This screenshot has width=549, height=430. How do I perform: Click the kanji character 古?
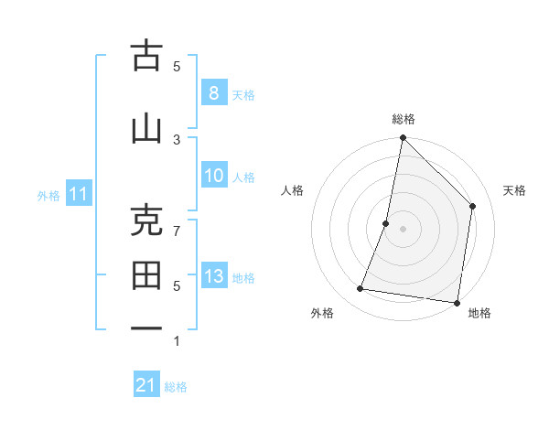tap(146, 57)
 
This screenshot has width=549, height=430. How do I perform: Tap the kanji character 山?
tap(146, 127)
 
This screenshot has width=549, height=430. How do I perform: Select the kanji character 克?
tap(146, 220)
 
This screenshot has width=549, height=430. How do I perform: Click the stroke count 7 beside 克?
tap(178, 230)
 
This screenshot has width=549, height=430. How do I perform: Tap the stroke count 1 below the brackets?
tap(178, 341)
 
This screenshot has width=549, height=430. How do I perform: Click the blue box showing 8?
tap(213, 93)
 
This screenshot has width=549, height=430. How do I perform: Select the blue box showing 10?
tap(213, 177)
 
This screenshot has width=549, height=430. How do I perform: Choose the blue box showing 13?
tap(213, 277)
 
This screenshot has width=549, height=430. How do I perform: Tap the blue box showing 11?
tap(78, 194)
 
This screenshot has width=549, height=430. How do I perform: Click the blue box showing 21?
tap(146, 385)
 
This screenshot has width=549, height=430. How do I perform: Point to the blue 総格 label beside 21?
tap(176, 387)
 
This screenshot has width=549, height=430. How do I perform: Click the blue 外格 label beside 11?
tap(48, 195)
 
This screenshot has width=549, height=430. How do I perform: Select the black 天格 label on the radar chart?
tap(515, 190)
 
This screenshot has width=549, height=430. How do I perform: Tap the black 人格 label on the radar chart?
tap(292, 190)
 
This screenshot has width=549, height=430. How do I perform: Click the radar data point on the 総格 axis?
tap(403, 138)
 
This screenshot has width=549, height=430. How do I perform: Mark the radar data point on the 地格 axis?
tap(456, 302)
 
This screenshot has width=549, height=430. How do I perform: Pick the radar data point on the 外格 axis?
tap(361, 289)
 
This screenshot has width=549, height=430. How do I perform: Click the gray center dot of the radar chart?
tap(403, 229)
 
